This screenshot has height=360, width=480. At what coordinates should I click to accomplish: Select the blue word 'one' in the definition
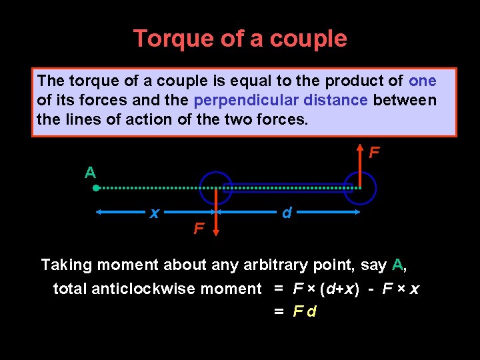422,81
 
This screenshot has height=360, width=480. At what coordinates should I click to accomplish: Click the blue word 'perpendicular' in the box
245,101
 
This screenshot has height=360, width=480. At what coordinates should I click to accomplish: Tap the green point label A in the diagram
90,173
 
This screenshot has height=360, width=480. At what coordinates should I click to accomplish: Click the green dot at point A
96,189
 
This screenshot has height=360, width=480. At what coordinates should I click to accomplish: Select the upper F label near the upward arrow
375,153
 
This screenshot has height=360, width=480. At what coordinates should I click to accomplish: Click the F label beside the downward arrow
198,229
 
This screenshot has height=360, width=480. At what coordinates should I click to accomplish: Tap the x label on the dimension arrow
154,213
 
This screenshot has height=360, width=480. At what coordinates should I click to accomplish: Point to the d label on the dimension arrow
287,213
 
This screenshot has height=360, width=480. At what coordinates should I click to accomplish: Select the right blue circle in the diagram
360,189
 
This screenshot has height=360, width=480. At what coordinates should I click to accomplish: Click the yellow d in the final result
312,311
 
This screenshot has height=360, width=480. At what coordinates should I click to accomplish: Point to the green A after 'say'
397,265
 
